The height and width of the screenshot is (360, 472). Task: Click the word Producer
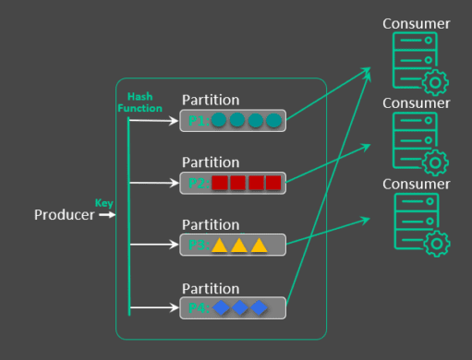click(x=64, y=215)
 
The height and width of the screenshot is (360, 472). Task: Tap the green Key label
click(x=103, y=202)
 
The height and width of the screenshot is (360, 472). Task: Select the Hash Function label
click(x=139, y=102)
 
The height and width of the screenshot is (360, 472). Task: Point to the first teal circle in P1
click(x=219, y=121)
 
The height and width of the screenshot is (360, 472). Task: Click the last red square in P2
click(x=273, y=183)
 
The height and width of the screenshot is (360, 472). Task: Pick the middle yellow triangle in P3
click(x=239, y=246)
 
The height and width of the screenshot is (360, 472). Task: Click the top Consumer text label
click(x=416, y=23)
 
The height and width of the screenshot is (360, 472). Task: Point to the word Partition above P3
click(x=211, y=224)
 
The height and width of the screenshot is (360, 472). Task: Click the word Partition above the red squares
click(x=211, y=162)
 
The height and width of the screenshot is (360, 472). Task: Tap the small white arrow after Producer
click(x=107, y=215)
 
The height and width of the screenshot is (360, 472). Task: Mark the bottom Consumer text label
click(x=416, y=184)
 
